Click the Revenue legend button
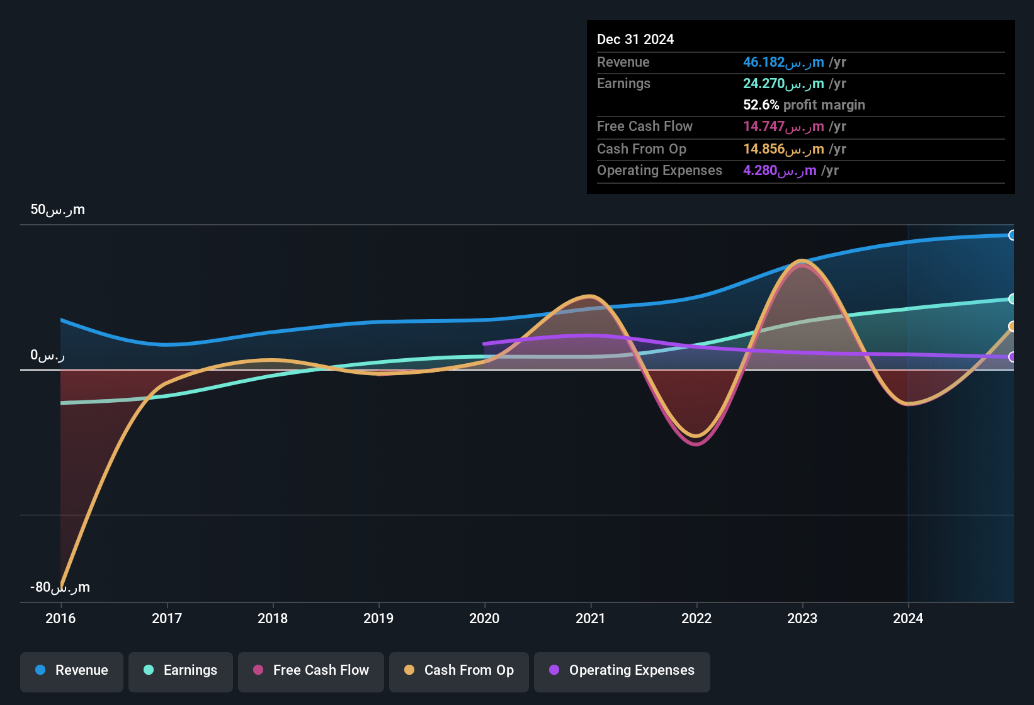click(x=72, y=671)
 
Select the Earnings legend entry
click(x=181, y=671)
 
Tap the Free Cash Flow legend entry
click(x=311, y=671)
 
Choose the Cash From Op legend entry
click(x=459, y=671)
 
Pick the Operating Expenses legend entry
click(x=622, y=671)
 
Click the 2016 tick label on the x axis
click(x=60, y=619)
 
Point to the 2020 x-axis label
click(x=484, y=619)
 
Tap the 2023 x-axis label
click(x=802, y=619)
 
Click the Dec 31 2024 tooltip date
click(x=635, y=40)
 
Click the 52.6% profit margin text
click(x=804, y=105)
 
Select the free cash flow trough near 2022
click(x=696, y=444)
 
